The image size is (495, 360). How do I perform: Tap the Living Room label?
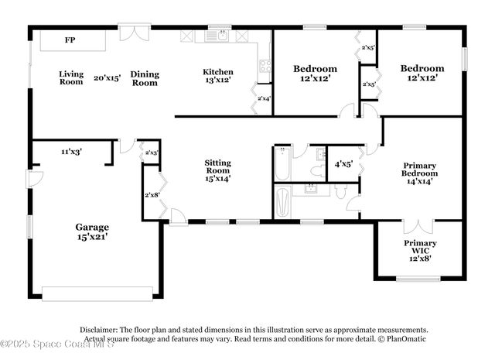[x=71, y=77]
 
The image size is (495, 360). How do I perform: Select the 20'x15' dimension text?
[x=108, y=77]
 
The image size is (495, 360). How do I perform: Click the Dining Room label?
[x=145, y=77]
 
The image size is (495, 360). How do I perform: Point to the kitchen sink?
[x=221, y=35]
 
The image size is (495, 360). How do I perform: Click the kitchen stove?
[x=265, y=67]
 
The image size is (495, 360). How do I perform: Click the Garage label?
[x=91, y=227]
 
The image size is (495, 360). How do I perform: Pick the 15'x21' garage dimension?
[x=91, y=238]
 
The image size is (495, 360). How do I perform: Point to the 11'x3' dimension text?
[x=71, y=152]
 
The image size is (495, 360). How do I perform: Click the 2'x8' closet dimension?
[x=152, y=194]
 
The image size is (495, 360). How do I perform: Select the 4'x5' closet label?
[x=343, y=164]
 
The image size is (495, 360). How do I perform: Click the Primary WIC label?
[x=420, y=247]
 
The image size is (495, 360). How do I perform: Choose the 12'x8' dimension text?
[x=420, y=258]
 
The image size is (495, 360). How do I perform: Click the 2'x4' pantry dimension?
[x=264, y=98]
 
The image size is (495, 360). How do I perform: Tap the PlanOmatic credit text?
[x=405, y=339]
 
